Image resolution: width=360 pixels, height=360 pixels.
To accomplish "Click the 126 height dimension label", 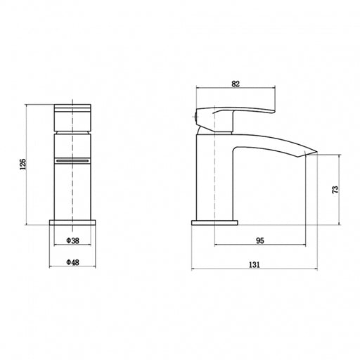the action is (x=23, y=165).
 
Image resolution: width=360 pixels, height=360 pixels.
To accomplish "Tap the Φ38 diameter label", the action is (x=73, y=240).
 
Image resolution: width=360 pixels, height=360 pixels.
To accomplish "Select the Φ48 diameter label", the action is (x=72, y=262).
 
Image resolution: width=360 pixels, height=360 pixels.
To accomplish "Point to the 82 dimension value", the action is (x=236, y=84).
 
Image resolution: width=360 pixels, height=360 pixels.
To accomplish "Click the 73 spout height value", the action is (x=335, y=189).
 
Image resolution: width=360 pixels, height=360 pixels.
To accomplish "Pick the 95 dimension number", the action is (x=260, y=240).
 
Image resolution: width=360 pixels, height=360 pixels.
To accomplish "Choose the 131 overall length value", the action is (x=255, y=265).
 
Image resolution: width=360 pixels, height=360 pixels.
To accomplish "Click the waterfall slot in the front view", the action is (x=72, y=161).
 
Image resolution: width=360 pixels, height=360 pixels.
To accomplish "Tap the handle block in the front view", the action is (x=72, y=117).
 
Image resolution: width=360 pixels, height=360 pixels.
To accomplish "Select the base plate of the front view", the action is (x=72, y=222).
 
